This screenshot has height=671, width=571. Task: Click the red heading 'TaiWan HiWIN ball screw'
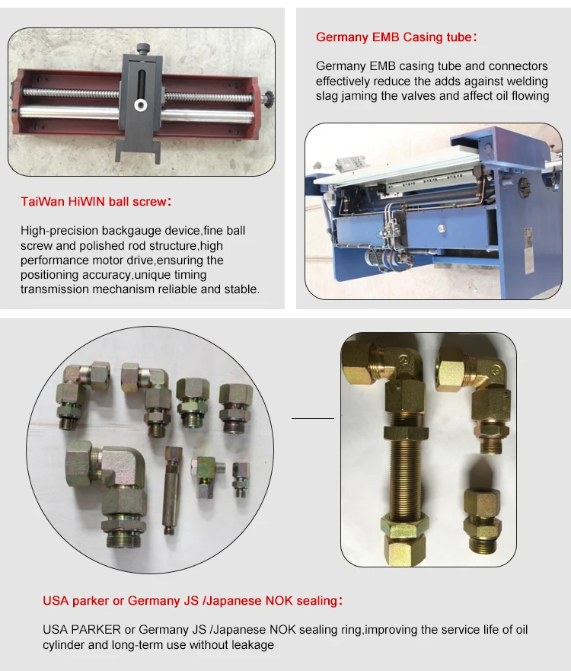click(96, 201)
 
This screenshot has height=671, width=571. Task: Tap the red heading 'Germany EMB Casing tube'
click(396, 37)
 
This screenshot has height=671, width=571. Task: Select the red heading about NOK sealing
click(193, 600)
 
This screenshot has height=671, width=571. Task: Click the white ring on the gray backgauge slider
click(140, 104)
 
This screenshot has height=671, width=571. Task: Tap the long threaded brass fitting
click(404, 475)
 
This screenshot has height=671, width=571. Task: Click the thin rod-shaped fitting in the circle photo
click(172, 490)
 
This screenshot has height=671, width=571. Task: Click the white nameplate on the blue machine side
click(528, 250)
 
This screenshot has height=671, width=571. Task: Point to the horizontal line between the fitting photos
click(313, 418)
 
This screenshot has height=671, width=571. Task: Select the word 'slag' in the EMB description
click(327, 95)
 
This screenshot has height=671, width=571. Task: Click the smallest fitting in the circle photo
click(241, 479)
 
